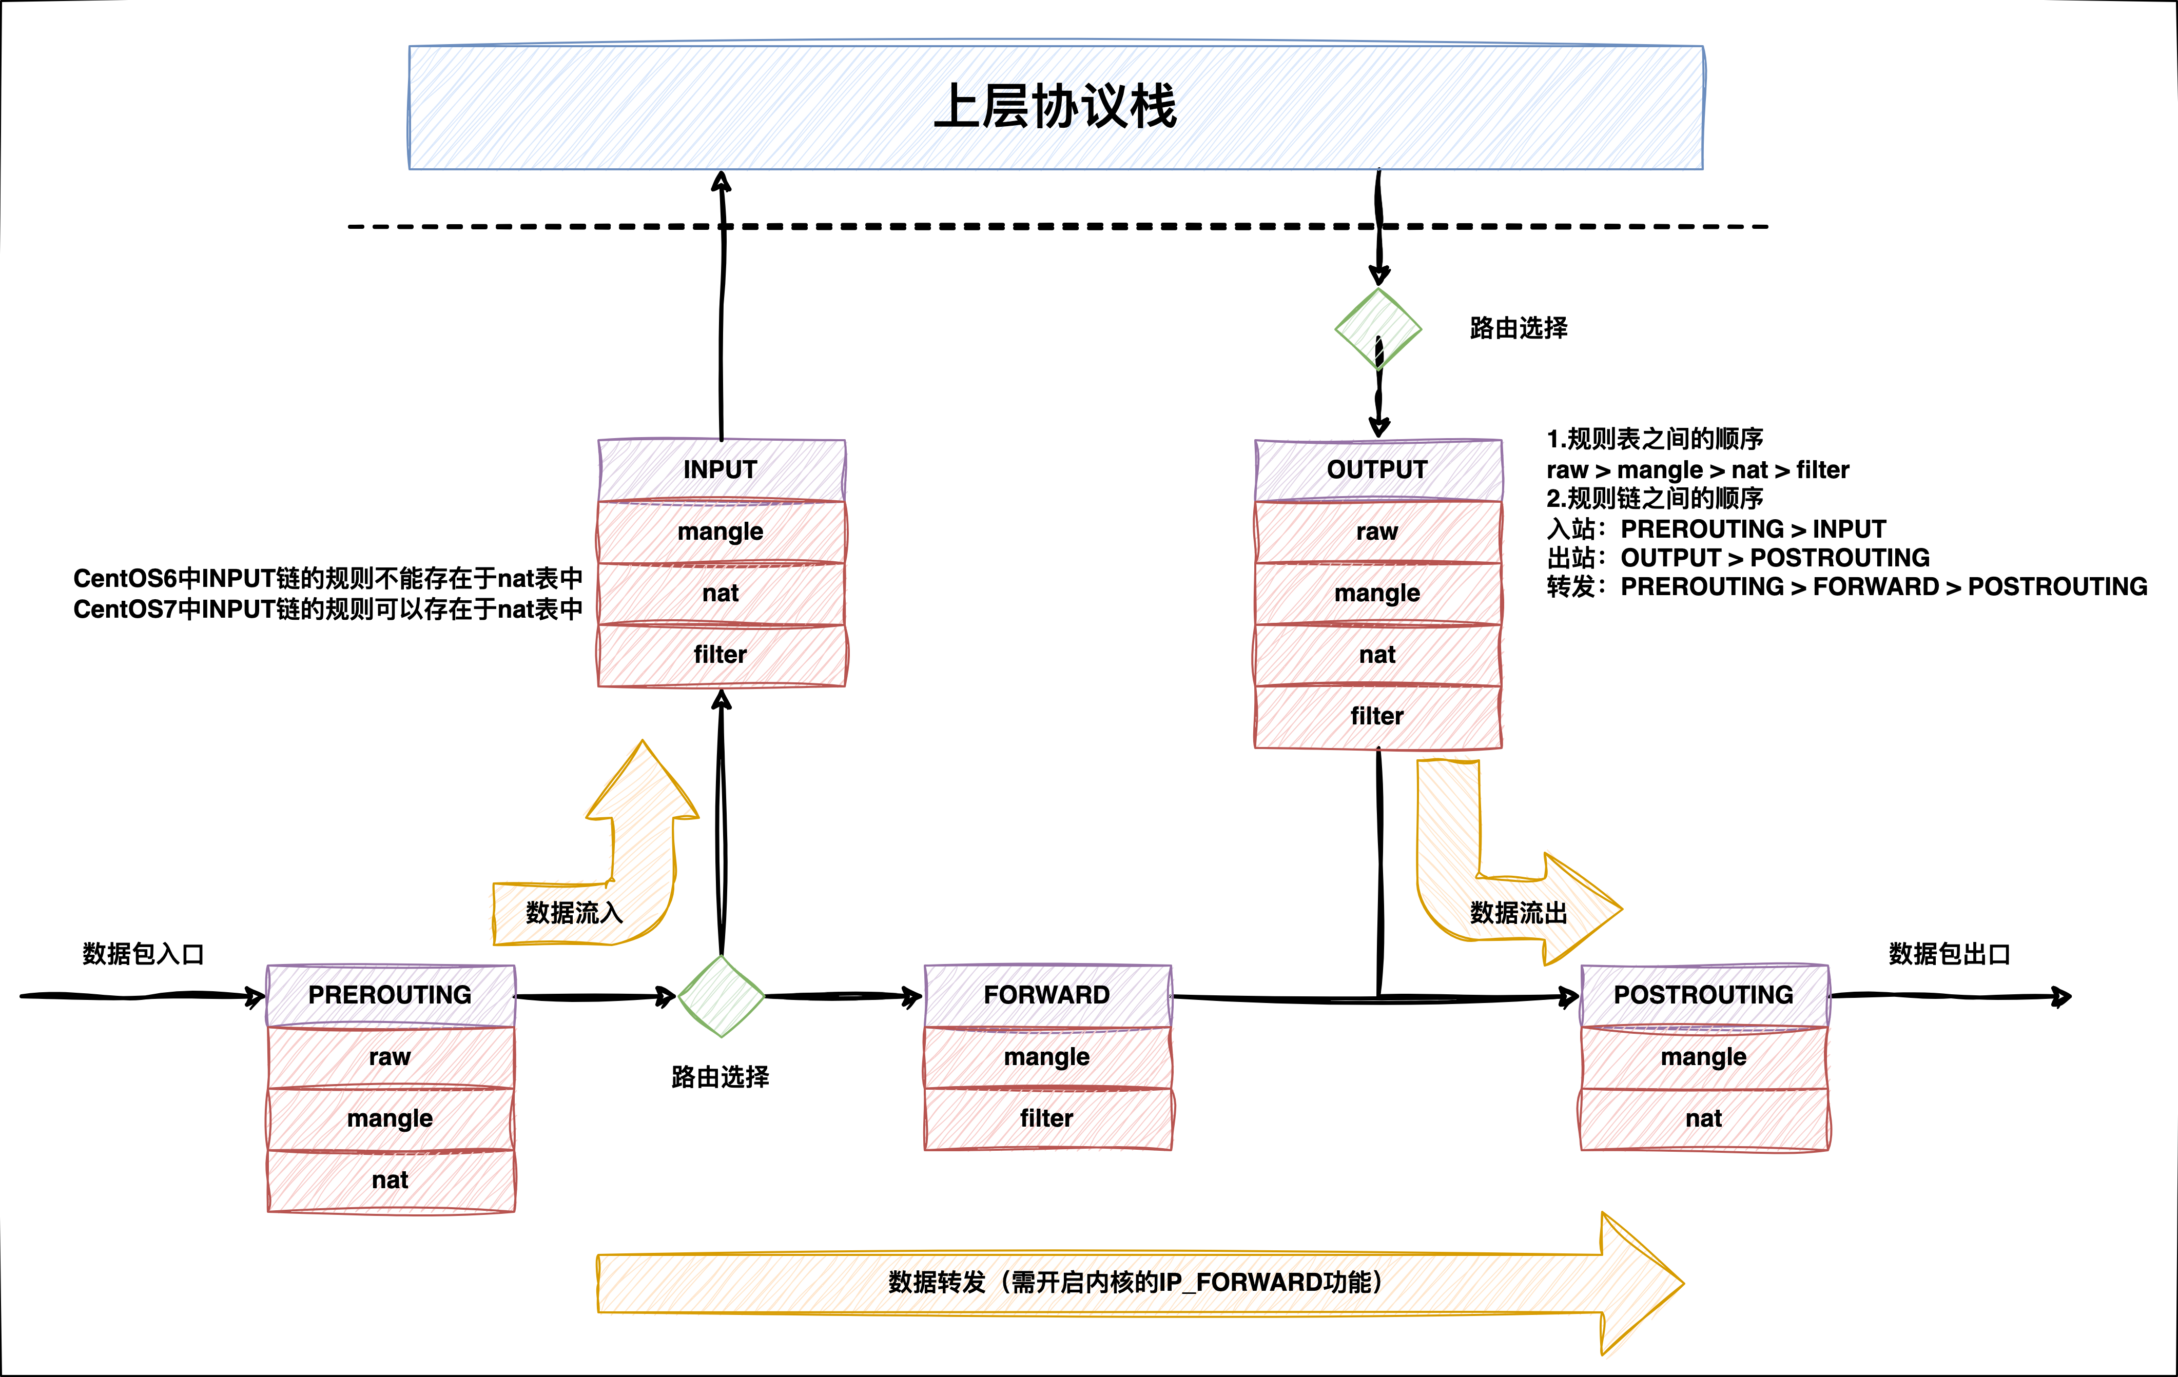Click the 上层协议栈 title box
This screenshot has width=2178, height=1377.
click(x=1056, y=107)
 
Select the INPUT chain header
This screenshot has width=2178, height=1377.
click(x=721, y=470)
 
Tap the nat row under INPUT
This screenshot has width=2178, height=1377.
click(x=721, y=593)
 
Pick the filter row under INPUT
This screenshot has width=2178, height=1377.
click(x=721, y=655)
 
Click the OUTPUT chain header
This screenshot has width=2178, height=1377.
click(x=1377, y=470)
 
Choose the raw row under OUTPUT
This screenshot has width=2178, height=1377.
click(x=1377, y=532)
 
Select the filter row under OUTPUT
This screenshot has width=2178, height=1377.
click(x=1377, y=716)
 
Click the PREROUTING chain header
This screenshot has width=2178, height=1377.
click(x=390, y=995)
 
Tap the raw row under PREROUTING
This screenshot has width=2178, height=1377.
click(x=390, y=1057)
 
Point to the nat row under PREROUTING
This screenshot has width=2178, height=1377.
click(x=390, y=1180)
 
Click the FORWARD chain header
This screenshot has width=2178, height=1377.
click(x=1047, y=995)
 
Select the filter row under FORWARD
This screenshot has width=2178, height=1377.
click(x=1047, y=1118)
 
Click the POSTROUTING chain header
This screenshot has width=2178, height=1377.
click(x=1704, y=995)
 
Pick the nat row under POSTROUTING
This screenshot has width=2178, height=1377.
click(x=1704, y=1118)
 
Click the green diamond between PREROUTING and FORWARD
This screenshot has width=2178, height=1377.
click(x=721, y=996)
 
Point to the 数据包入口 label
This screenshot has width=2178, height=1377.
click(x=143, y=954)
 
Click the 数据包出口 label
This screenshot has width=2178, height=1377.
click(x=1949, y=954)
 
